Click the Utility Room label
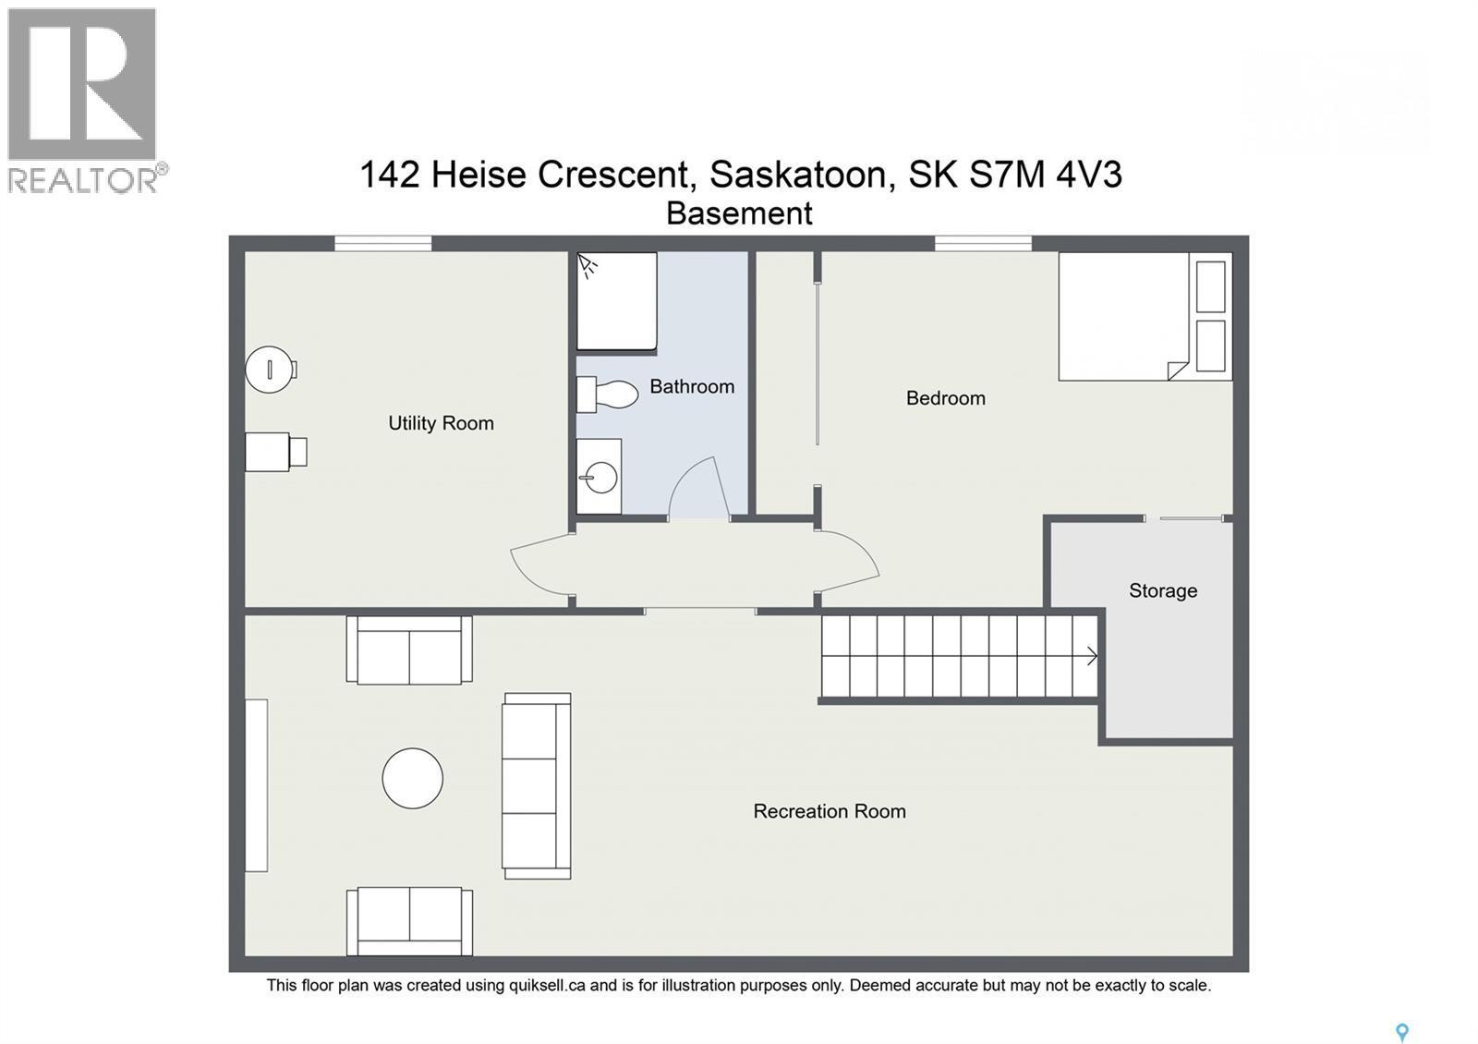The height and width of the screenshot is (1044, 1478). tap(441, 423)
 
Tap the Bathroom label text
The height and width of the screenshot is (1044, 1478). tap(692, 386)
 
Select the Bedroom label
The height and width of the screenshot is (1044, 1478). tap(945, 398)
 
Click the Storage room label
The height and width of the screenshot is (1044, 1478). tap(1162, 590)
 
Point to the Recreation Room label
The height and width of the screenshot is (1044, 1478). tap(829, 811)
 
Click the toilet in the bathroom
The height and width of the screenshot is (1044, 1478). tap(609, 395)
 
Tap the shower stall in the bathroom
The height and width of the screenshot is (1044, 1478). tap(616, 301)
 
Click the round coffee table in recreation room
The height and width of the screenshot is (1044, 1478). tap(412, 778)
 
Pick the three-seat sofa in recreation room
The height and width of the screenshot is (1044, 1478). tap(535, 785)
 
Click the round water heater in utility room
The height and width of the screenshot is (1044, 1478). tap(269, 370)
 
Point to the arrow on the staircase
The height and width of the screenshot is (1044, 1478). tap(1091, 656)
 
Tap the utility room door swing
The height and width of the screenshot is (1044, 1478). tap(540, 564)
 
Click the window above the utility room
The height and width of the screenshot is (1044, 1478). tap(382, 243)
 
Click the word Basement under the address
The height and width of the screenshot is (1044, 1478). tap(739, 213)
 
